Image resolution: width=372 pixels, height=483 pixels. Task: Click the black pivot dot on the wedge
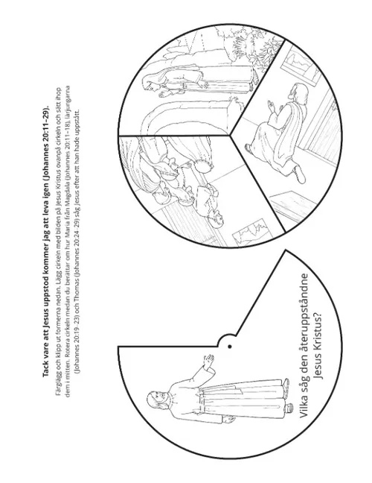(x=230, y=347)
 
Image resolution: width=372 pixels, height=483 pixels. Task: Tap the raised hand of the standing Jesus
(x=210, y=360)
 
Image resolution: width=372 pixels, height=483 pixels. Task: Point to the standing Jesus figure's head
(x=157, y=400)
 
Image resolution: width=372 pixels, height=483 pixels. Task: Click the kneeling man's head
(x=298, y=94)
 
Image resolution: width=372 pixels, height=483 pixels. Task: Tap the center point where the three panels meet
(x=230, y=135)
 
